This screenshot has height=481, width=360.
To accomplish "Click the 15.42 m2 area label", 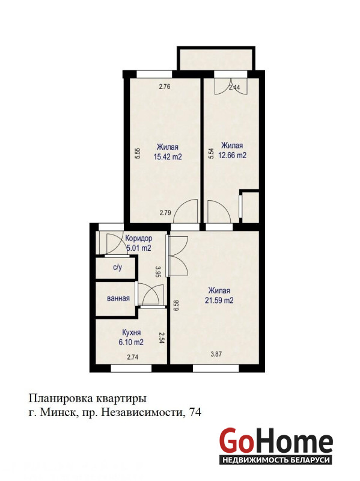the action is (x=168, y=157).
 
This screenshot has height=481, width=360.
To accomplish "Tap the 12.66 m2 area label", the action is (x=232, y=156).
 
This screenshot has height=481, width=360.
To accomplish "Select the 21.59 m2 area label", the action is (x=219, y=300).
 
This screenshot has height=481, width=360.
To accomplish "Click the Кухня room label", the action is (x=131, y=332).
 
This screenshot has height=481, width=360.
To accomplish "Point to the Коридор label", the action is (x=139, y=238).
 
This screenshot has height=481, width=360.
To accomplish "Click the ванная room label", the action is (x=118, y=298).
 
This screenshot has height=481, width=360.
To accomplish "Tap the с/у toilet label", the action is (x=117, y=267).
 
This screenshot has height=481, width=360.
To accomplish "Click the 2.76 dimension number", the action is (x=164, y=87).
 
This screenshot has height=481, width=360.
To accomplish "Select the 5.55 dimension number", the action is (x=138, y=153).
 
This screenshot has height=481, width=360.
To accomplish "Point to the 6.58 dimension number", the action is (x=175, y=305).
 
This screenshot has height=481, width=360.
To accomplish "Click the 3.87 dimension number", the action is (x=216, y=354).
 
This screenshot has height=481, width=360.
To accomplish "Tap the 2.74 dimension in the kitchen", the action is (x=133, y=357).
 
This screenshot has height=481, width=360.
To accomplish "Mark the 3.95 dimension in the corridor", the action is (x=158, y=272).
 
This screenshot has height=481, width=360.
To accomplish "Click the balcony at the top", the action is (x=216, y=59).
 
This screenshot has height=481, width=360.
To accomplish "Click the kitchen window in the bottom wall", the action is (x=131, y=368).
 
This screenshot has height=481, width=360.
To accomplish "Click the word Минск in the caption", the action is (x=56, y=412).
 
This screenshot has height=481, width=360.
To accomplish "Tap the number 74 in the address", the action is (x=196, y=412).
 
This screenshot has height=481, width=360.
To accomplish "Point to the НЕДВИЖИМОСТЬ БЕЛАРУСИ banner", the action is (x=276, y=460).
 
